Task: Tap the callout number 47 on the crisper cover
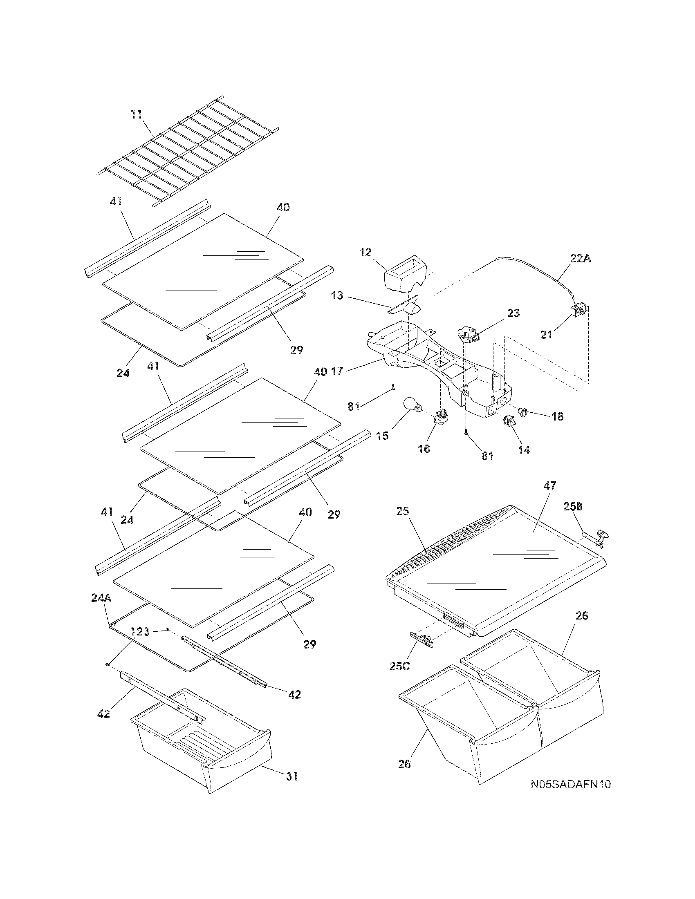[549, 486]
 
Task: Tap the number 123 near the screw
[140, 631]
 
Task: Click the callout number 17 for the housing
[336, 372]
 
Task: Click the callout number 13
[337, 295]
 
